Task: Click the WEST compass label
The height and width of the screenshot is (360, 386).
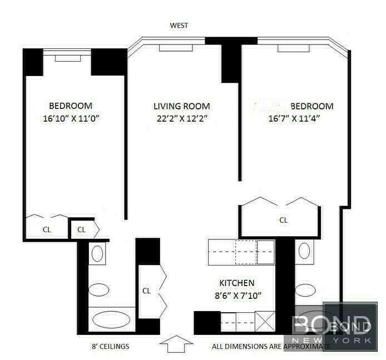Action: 179,25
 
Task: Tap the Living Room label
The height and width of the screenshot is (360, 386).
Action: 181,106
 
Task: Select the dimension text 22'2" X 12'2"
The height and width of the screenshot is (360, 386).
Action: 181,118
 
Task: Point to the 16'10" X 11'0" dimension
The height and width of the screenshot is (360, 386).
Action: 70,118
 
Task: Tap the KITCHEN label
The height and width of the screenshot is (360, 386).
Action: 236,283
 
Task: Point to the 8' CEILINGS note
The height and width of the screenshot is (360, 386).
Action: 111,347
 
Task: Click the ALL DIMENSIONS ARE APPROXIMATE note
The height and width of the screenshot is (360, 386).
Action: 270,347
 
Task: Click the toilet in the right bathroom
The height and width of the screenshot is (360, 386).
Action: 305,251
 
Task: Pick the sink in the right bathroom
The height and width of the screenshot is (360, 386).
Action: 305,290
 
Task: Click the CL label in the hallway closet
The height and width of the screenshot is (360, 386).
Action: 147,290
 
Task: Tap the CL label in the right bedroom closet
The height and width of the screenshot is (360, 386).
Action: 284,220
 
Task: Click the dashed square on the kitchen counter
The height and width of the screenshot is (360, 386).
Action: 245,252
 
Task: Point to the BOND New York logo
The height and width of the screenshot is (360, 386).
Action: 331,327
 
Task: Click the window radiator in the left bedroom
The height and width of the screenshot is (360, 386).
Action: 67,58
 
